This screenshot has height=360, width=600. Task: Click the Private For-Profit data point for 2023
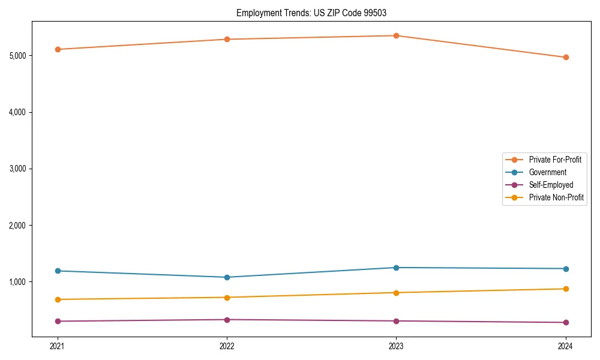[396, 35]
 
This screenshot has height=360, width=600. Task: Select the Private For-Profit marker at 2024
[566, 58]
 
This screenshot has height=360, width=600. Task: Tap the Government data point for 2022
[227, 277]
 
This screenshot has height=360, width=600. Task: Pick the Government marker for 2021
[58, 271]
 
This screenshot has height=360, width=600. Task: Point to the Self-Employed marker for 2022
[227, 320]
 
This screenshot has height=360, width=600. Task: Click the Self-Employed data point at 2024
[566, 323]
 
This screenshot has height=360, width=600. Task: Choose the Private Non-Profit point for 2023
[396, 293]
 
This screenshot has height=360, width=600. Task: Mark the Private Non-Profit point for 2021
[58, 299]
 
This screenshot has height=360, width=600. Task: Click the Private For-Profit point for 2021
[58, 49]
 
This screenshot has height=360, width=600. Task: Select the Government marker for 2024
[566, 269]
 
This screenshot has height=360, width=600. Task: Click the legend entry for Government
[547, 172]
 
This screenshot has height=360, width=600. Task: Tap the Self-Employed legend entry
[551, 185]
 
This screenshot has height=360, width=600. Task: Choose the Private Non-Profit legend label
[556, 197]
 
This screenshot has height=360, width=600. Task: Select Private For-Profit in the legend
[555, 160]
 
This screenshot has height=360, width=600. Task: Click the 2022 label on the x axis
[227, 346]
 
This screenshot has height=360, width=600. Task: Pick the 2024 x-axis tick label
[566, 346]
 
